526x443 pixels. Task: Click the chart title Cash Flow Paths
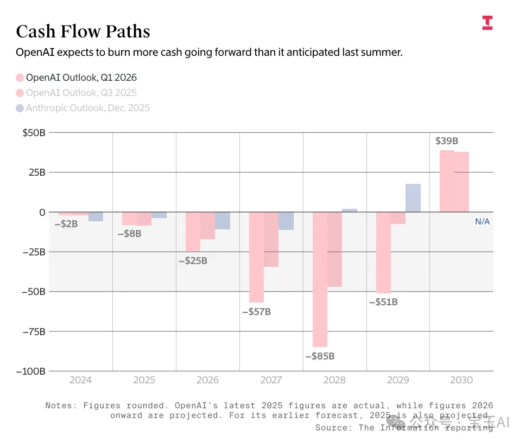pos(83,31)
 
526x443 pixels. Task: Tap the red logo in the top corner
pos(487,22)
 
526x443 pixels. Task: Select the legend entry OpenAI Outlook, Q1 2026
pos(76,78)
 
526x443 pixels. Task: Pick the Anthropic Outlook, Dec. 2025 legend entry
pos(83,108)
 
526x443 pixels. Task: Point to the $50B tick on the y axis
pos(34,133)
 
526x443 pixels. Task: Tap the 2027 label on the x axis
pos(271,380)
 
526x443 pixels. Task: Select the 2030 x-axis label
pos(461,380)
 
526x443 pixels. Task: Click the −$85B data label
pos(320,356)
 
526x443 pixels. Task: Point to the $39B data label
pos(447,141)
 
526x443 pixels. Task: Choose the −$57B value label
pos(256,312)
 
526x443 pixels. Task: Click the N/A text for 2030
pos(483,221)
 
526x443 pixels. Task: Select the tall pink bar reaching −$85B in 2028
pos(320,279)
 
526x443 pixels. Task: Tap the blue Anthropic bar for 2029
pos(413,198)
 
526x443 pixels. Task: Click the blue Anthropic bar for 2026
pos(223,221)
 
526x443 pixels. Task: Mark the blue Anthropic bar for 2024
pos(96,216)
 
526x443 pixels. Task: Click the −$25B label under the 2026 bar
pos(193,261)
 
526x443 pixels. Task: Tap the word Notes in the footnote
pos(59,406)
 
